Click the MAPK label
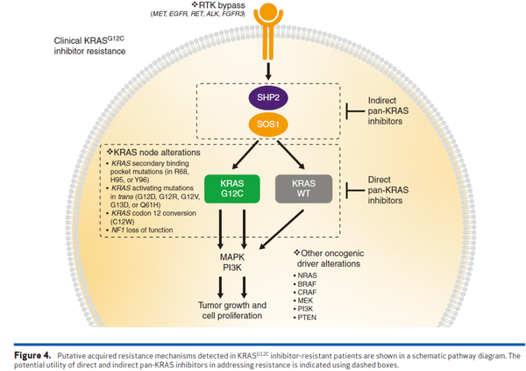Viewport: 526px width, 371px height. tap(234, 256)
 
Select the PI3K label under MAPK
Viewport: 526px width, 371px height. tap(234, 268)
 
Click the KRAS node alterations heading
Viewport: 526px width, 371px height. tap(154, 151)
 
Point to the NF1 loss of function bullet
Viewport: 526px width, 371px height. tap(144, 230)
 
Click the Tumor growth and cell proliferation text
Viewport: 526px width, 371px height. tap(234, 309)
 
